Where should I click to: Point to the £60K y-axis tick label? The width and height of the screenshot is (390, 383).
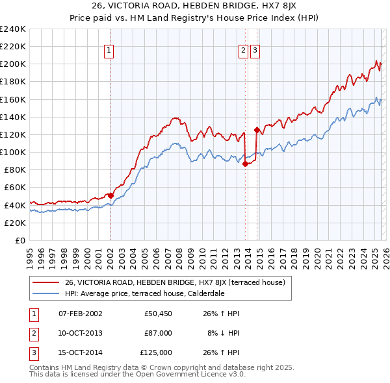coord(14,188)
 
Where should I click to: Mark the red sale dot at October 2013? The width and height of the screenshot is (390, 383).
coord(245,164)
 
